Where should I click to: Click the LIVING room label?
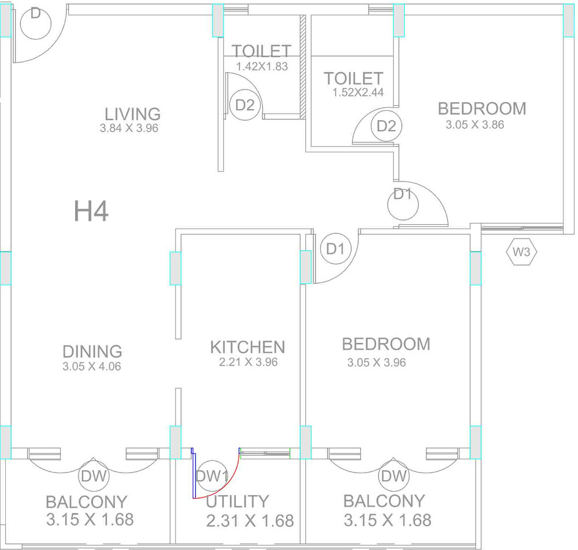click(x=133, y=114)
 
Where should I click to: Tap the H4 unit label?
click(x=91, y=211)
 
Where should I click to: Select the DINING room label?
click(x=92, y=351)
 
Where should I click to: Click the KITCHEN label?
click(x=248, y=347)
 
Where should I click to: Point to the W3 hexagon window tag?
click(x=521, y=252)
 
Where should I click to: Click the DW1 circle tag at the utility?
click(x=212, y=476)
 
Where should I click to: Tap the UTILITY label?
click(x=238, y=501)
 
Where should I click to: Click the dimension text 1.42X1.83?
click(x=262, y=66)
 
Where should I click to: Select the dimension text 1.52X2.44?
click(x=358, y=92)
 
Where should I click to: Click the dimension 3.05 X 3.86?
click(x=475, y=125)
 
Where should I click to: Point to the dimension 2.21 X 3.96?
click(x=249, y=362)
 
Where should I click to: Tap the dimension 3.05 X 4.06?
click(x=92, y=366)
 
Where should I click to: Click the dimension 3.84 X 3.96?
click(x=129, y=128)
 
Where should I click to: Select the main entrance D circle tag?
click(x=35, y=23)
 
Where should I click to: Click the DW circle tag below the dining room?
click(x=94, y=476)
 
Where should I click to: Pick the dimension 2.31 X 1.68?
click(x=250, y=521)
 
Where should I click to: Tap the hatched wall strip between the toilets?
click(x=303, y=66)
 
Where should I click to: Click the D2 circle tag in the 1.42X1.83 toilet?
click(x=244, y=105)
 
